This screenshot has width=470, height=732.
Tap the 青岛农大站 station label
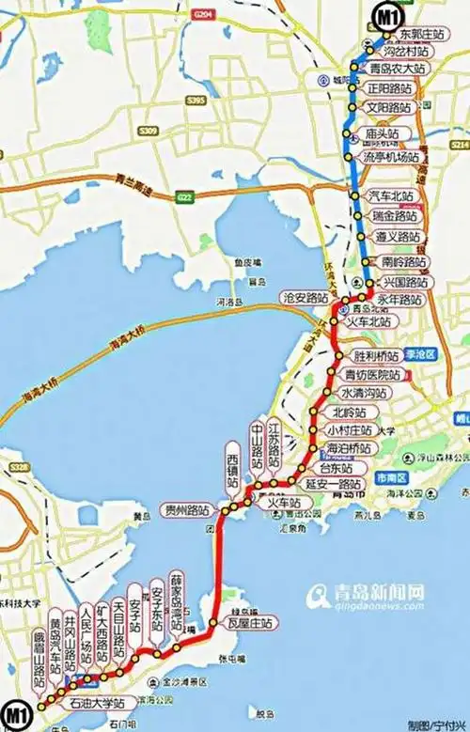coord(398,70)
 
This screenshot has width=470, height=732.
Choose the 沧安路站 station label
coord(303,297)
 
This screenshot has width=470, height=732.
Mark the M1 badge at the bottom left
coord(17,712)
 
